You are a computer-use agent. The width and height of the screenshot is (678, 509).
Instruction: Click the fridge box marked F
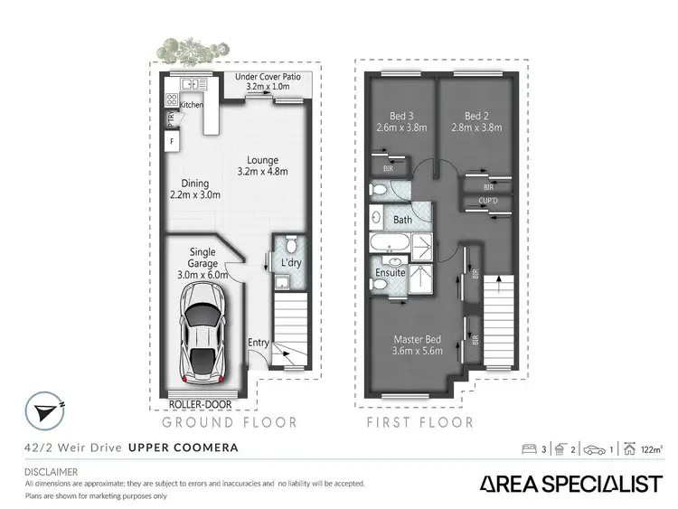pyautogui.click(x=170, y=143)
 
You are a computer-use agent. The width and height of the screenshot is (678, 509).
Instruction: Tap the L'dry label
pyautogui.click(x=290, y=262)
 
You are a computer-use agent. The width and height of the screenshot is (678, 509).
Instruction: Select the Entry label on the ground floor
pyautogui.click(x=259, y=342)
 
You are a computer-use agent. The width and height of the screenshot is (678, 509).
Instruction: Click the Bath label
pyautogui.click(x=402, y=220)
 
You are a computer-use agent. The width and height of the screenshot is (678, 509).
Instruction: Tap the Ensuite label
pyautogui.click(x=391, y=272)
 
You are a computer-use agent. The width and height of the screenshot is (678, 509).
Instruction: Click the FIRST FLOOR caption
pyautogui.click(x=419, y=422)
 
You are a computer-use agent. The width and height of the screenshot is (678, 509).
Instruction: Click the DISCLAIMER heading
pyautogui.click(x=52, y=472)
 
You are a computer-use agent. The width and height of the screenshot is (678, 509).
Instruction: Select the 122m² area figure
pyautogui.click(x=648, y=448)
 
